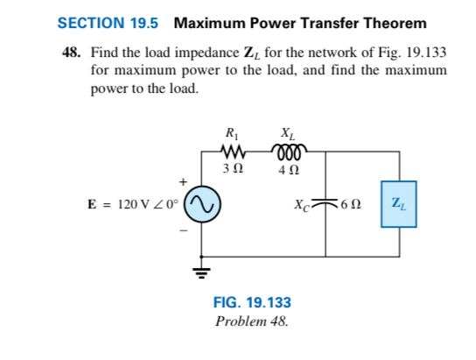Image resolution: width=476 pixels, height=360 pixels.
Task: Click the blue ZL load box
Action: click(398, 203)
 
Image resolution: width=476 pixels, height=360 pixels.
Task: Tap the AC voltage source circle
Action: click(200, 204)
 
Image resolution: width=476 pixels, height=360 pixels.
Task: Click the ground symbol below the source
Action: click(200, 268)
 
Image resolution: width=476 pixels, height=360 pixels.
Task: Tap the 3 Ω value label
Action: click(232, 166)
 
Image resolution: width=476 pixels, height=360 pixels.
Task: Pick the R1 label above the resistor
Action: click(232, 133)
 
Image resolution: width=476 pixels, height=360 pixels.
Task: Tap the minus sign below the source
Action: click(184, 230)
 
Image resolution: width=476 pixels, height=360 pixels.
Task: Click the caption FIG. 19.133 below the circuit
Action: click(252, 303)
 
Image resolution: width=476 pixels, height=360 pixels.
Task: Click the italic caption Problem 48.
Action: click(252, 321)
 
